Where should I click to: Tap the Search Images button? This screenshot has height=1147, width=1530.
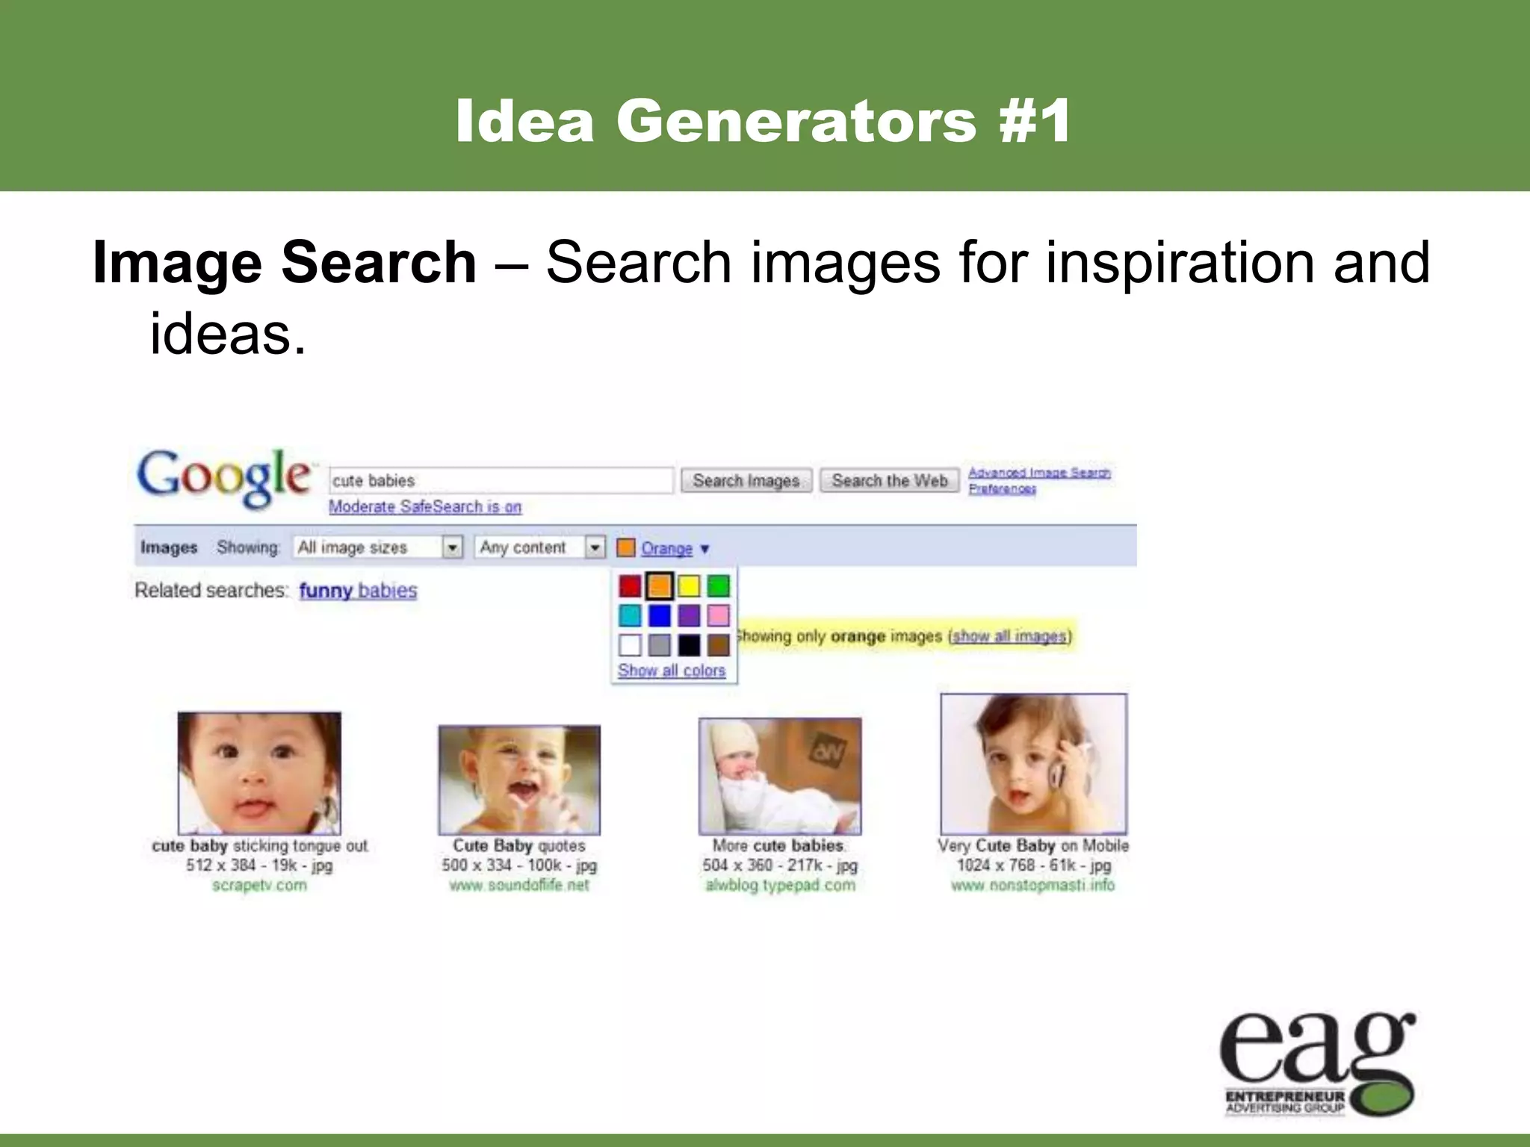coord(746,480)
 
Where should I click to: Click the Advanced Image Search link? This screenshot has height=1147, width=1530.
coord(1039,472)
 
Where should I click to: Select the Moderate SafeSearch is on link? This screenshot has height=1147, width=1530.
coord(425,506)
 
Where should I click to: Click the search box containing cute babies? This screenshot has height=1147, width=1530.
coord(501,480)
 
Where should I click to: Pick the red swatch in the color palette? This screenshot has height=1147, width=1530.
coord(630,586)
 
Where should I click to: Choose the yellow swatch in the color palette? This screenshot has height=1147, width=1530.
coord(689,586)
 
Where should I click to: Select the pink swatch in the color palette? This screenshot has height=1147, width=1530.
coord(718,616)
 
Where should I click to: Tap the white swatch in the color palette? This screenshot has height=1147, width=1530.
coord(630,645)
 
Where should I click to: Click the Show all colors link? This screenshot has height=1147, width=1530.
coord(672,671)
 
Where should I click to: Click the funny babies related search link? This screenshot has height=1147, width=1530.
coord(358,591)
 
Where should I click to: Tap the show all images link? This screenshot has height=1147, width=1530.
coord(1009,636)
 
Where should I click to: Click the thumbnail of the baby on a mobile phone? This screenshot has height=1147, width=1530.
coord(1033,764)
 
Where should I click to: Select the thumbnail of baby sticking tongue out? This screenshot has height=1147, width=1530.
coord(259,773)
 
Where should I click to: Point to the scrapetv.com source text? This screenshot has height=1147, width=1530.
coord(259,886)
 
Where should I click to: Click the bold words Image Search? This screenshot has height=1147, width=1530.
coord(285,263)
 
